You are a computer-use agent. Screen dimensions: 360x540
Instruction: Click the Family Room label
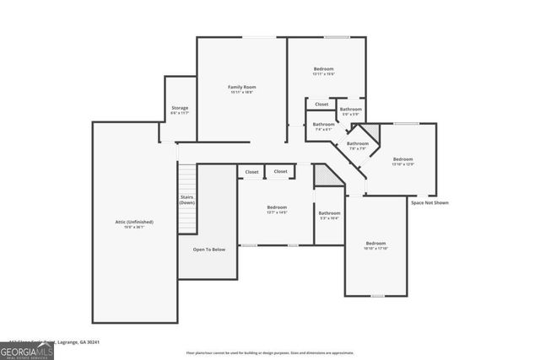[x=241, y=87]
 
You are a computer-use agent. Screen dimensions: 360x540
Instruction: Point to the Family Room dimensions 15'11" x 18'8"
[x=241, y=93]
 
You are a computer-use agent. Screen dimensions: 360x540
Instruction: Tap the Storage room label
[x=180, y=108]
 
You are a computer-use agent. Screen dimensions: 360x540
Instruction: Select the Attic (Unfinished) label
[x=134, y=222]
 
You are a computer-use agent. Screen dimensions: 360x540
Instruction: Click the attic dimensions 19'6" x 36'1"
[x=134, y=228]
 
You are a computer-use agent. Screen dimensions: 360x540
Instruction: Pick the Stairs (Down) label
[x=187, y=200]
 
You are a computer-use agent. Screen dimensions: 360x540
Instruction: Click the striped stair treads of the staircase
[x=187, y=178]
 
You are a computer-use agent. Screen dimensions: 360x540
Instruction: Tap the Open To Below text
[x=208, y=250]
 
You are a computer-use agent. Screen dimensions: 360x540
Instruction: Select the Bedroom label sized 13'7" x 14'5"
[x=277, y=207]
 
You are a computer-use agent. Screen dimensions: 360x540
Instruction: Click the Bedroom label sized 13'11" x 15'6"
[x=324, y=68]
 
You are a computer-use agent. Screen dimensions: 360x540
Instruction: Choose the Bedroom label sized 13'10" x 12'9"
[x=402, y=159]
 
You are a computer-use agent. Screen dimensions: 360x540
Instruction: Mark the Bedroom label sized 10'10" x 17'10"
[x=375, y=243]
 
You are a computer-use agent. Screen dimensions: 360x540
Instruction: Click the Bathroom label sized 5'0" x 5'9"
[x=351, y=109]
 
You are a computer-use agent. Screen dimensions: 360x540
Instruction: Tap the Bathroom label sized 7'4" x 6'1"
[x=324, y=124]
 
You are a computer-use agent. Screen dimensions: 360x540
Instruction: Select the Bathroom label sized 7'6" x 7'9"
[x=358, y=143]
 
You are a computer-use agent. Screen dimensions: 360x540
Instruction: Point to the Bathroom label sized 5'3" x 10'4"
[x=329, y=212]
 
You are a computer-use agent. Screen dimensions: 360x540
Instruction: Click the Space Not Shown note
[x=429, y=203]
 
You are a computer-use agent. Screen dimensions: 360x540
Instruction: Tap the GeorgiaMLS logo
[x=27, y=348]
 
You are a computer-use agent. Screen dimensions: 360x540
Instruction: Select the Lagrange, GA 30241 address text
[x=84, y=341]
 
